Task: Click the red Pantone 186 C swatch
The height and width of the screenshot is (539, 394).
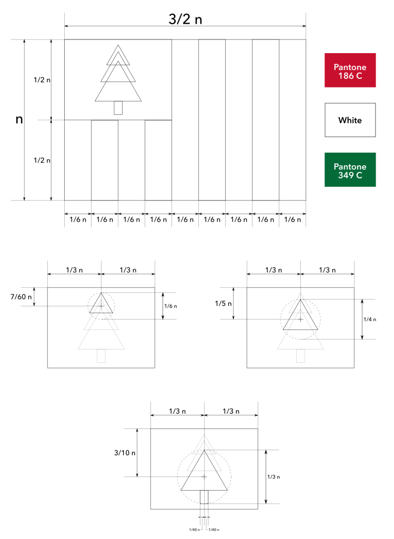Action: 350,70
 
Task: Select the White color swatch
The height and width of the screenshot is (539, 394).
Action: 350,120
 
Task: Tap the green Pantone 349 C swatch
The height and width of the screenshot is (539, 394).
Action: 350,170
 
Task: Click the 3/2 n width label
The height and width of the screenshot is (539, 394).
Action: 185,19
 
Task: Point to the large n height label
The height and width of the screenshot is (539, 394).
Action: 19,119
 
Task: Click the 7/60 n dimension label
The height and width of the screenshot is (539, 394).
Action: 21,297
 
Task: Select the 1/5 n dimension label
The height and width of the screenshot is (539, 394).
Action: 223,304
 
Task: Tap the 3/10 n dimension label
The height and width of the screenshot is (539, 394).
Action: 125,453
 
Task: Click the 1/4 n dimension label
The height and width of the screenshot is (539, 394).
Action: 370,320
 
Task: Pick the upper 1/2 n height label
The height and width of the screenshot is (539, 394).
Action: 42,80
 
